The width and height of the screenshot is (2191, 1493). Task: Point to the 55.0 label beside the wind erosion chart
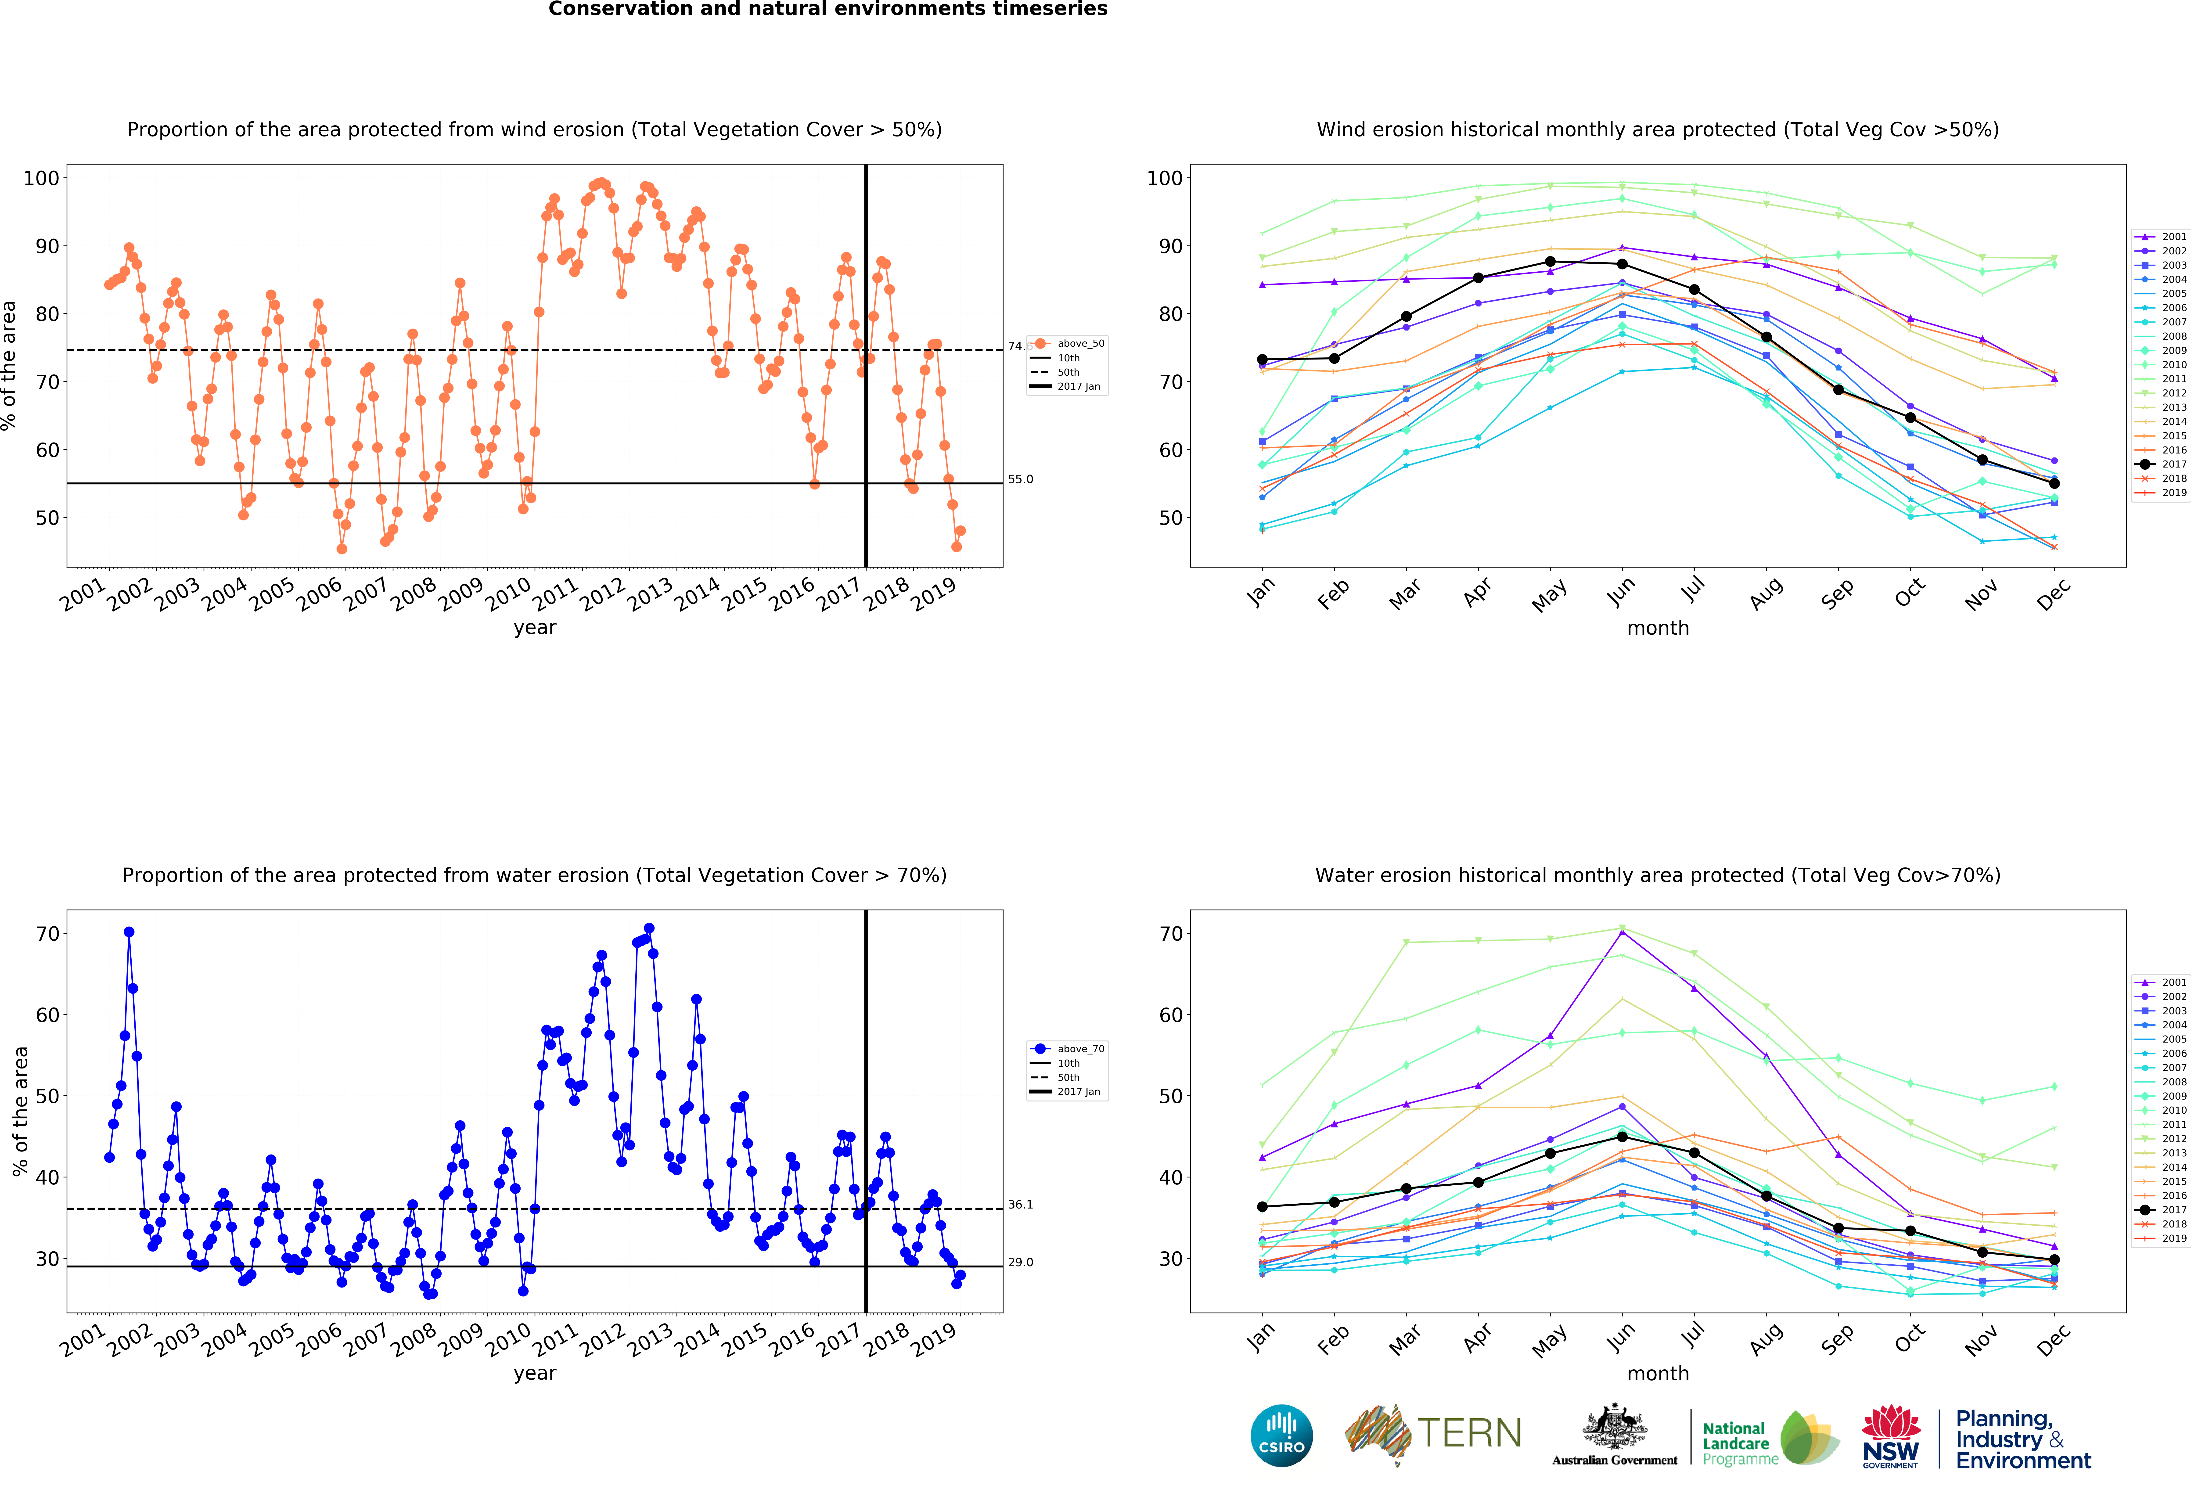pos(1020,479)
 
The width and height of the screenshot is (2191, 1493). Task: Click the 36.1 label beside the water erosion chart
pos(1020,1205)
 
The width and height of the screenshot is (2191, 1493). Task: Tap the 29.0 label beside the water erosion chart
pos(1020,1262)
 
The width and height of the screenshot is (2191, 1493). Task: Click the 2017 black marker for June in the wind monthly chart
pos(1622,264)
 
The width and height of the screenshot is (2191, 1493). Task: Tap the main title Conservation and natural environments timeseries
pos(828,9)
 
